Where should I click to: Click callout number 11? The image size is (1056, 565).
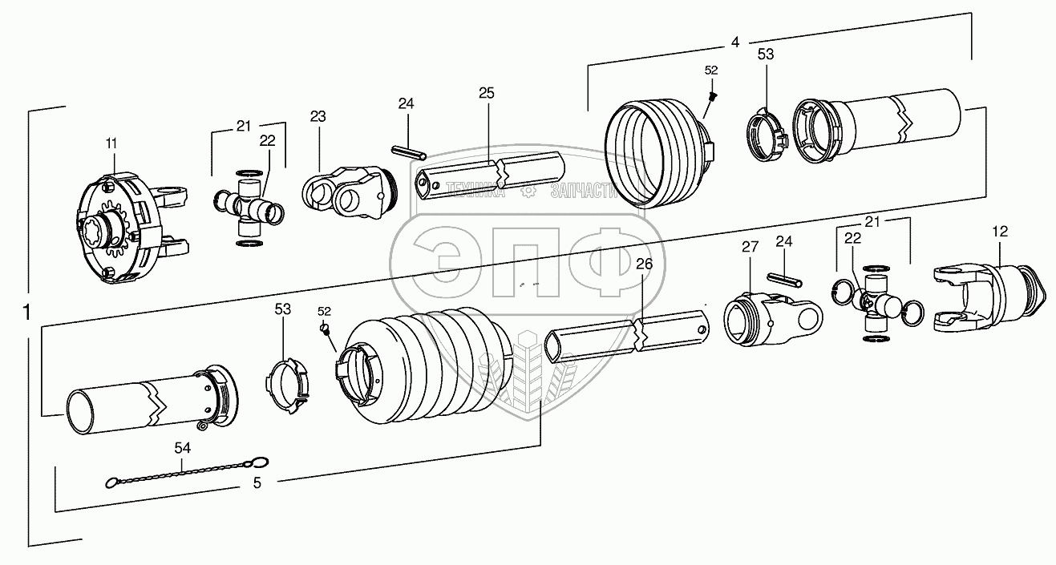(111, 143)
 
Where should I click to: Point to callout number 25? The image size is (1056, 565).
(487, 93)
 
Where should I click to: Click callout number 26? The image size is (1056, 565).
(644, 264)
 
